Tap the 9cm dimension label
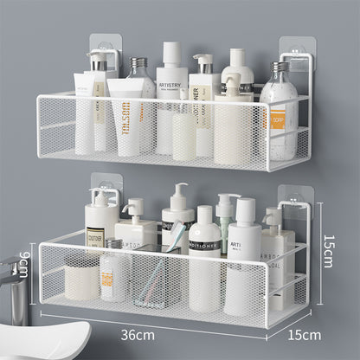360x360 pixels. (25, 262)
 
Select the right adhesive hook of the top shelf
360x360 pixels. (295, 54)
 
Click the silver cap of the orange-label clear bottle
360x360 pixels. (280, 68)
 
